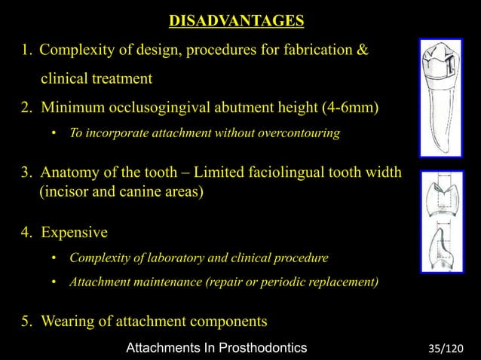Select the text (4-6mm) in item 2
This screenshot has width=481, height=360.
click(x=351, y=107)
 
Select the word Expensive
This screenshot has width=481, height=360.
click(x=74, y=230)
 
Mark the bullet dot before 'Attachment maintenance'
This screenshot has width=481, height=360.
click(x=54, y=282)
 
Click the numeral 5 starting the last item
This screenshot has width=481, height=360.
click(x=24, y=322)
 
